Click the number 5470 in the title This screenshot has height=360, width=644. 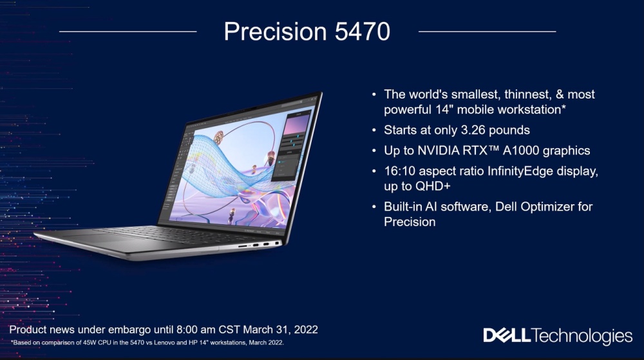pyautogui.click(x=362, y=32)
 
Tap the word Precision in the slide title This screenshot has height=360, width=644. pyautogui.click(x=275, y=32)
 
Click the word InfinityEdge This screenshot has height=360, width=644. pyautogui.click(x=520, y=171)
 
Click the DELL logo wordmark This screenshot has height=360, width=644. pyautogui.click(x=507, y=336)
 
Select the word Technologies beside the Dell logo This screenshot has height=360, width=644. pyautogui.click(x=582, y=336)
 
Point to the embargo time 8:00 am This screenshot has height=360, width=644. pyautogui.click(x=196, y=330)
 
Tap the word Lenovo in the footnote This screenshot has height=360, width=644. pyautogui.click(x=165, y=343)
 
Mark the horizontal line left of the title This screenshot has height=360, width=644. pyautogui.click(x=128, y=31)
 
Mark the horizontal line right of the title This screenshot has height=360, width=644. pyautogui.click(x=487, y=31)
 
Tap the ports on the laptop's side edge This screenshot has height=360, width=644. pyautogui.click(x=259, y=245)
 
